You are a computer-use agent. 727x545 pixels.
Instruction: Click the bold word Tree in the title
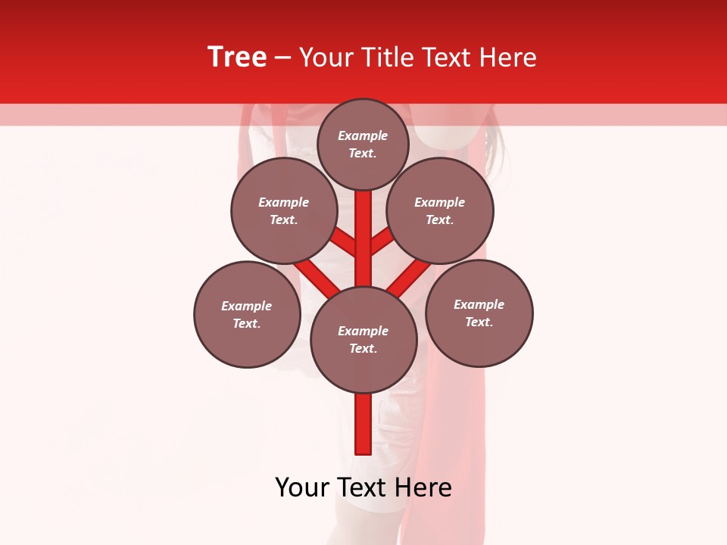237,58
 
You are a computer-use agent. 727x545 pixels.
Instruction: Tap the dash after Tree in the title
283,58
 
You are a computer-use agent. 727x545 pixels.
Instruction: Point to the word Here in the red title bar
507,58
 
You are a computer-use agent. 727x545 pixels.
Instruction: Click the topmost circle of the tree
363,144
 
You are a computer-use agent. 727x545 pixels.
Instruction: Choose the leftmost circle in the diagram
247,314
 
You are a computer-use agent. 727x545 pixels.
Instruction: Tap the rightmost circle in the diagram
479,313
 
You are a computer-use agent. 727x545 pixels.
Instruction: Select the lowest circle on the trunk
363,340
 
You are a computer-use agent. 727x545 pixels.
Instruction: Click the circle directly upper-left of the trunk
283,210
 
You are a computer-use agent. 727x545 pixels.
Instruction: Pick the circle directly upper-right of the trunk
440,210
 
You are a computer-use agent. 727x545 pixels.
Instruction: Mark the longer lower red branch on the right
409,276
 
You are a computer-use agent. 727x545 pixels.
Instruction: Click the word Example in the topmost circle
363,136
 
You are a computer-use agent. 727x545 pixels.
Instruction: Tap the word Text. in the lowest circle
363,349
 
